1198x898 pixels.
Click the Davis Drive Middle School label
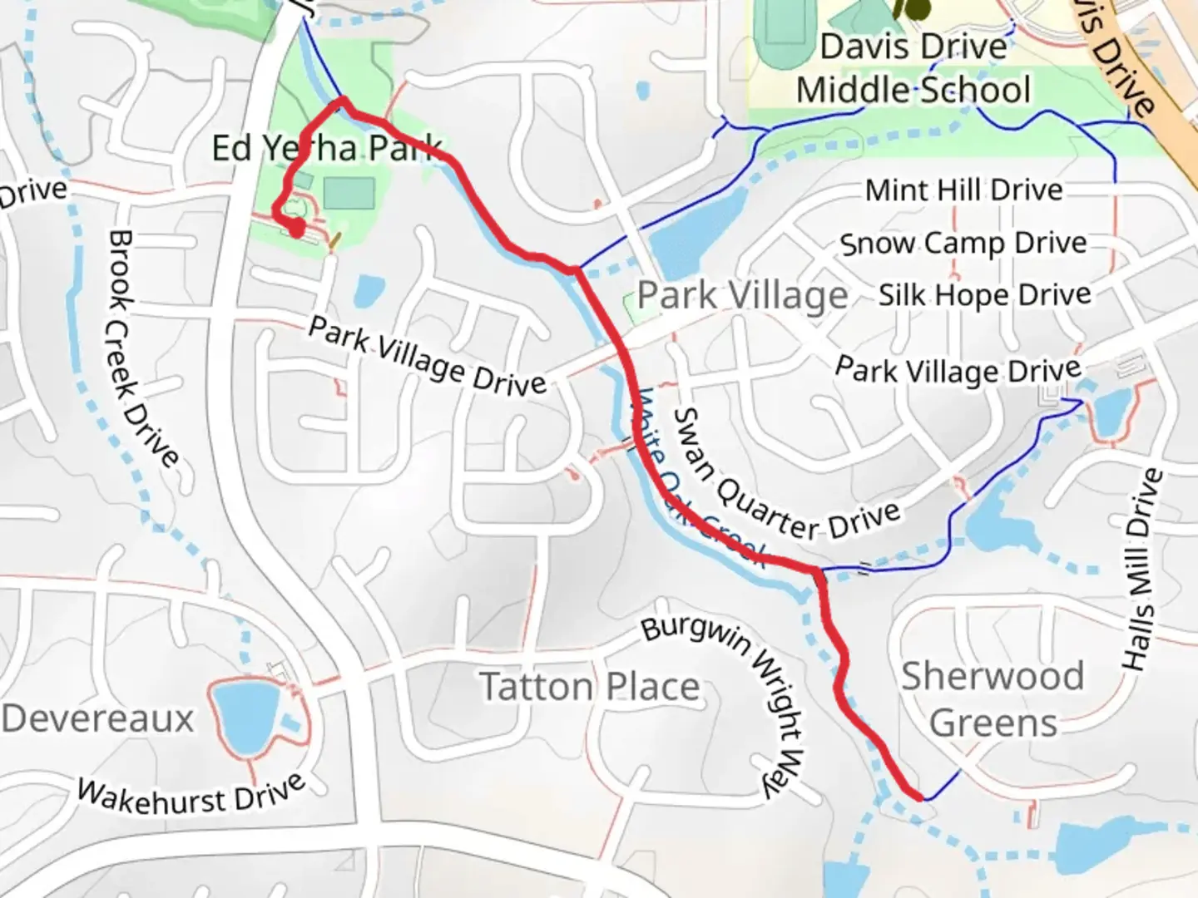913,68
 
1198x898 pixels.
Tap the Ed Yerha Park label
326,148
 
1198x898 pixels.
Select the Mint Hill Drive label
963,190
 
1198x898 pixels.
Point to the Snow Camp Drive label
963,244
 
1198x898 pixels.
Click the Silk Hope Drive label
984,295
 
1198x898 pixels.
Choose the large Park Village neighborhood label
742,295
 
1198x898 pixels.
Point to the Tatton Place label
590,688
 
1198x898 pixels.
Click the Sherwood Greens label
993,699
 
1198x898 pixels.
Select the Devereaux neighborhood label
97,718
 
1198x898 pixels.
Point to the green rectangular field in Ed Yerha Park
349,194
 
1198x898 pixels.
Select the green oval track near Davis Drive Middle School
781,22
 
